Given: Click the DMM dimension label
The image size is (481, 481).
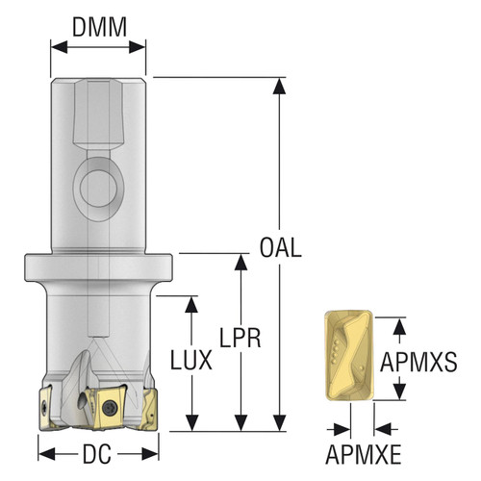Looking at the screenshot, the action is tap(99, 27).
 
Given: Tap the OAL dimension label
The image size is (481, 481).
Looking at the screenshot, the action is tap(281, 248).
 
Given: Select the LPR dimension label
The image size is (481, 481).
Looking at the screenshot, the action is tap(240, 338).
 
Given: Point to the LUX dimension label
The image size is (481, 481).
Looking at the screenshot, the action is tap(191, 360).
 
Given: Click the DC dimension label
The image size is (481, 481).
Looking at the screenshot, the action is tap(97, 454).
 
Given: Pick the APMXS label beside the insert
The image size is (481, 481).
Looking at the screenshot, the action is tap(418, 362).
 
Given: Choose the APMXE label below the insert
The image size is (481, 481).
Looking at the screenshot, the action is tap(364, 454).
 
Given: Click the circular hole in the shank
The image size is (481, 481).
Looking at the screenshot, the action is tap(98, 188).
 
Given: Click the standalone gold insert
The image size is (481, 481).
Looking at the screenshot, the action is tap(349, 355).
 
